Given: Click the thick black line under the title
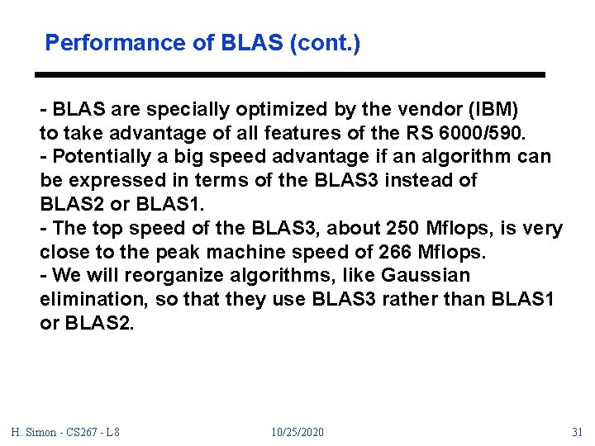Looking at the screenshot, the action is tap(290, 75).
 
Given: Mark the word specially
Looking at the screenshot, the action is tap(189, 109).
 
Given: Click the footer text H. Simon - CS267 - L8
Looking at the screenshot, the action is tap(65, 432).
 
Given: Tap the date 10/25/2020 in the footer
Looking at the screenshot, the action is tap(297, 432).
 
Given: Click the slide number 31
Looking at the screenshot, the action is tap(578, 432).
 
